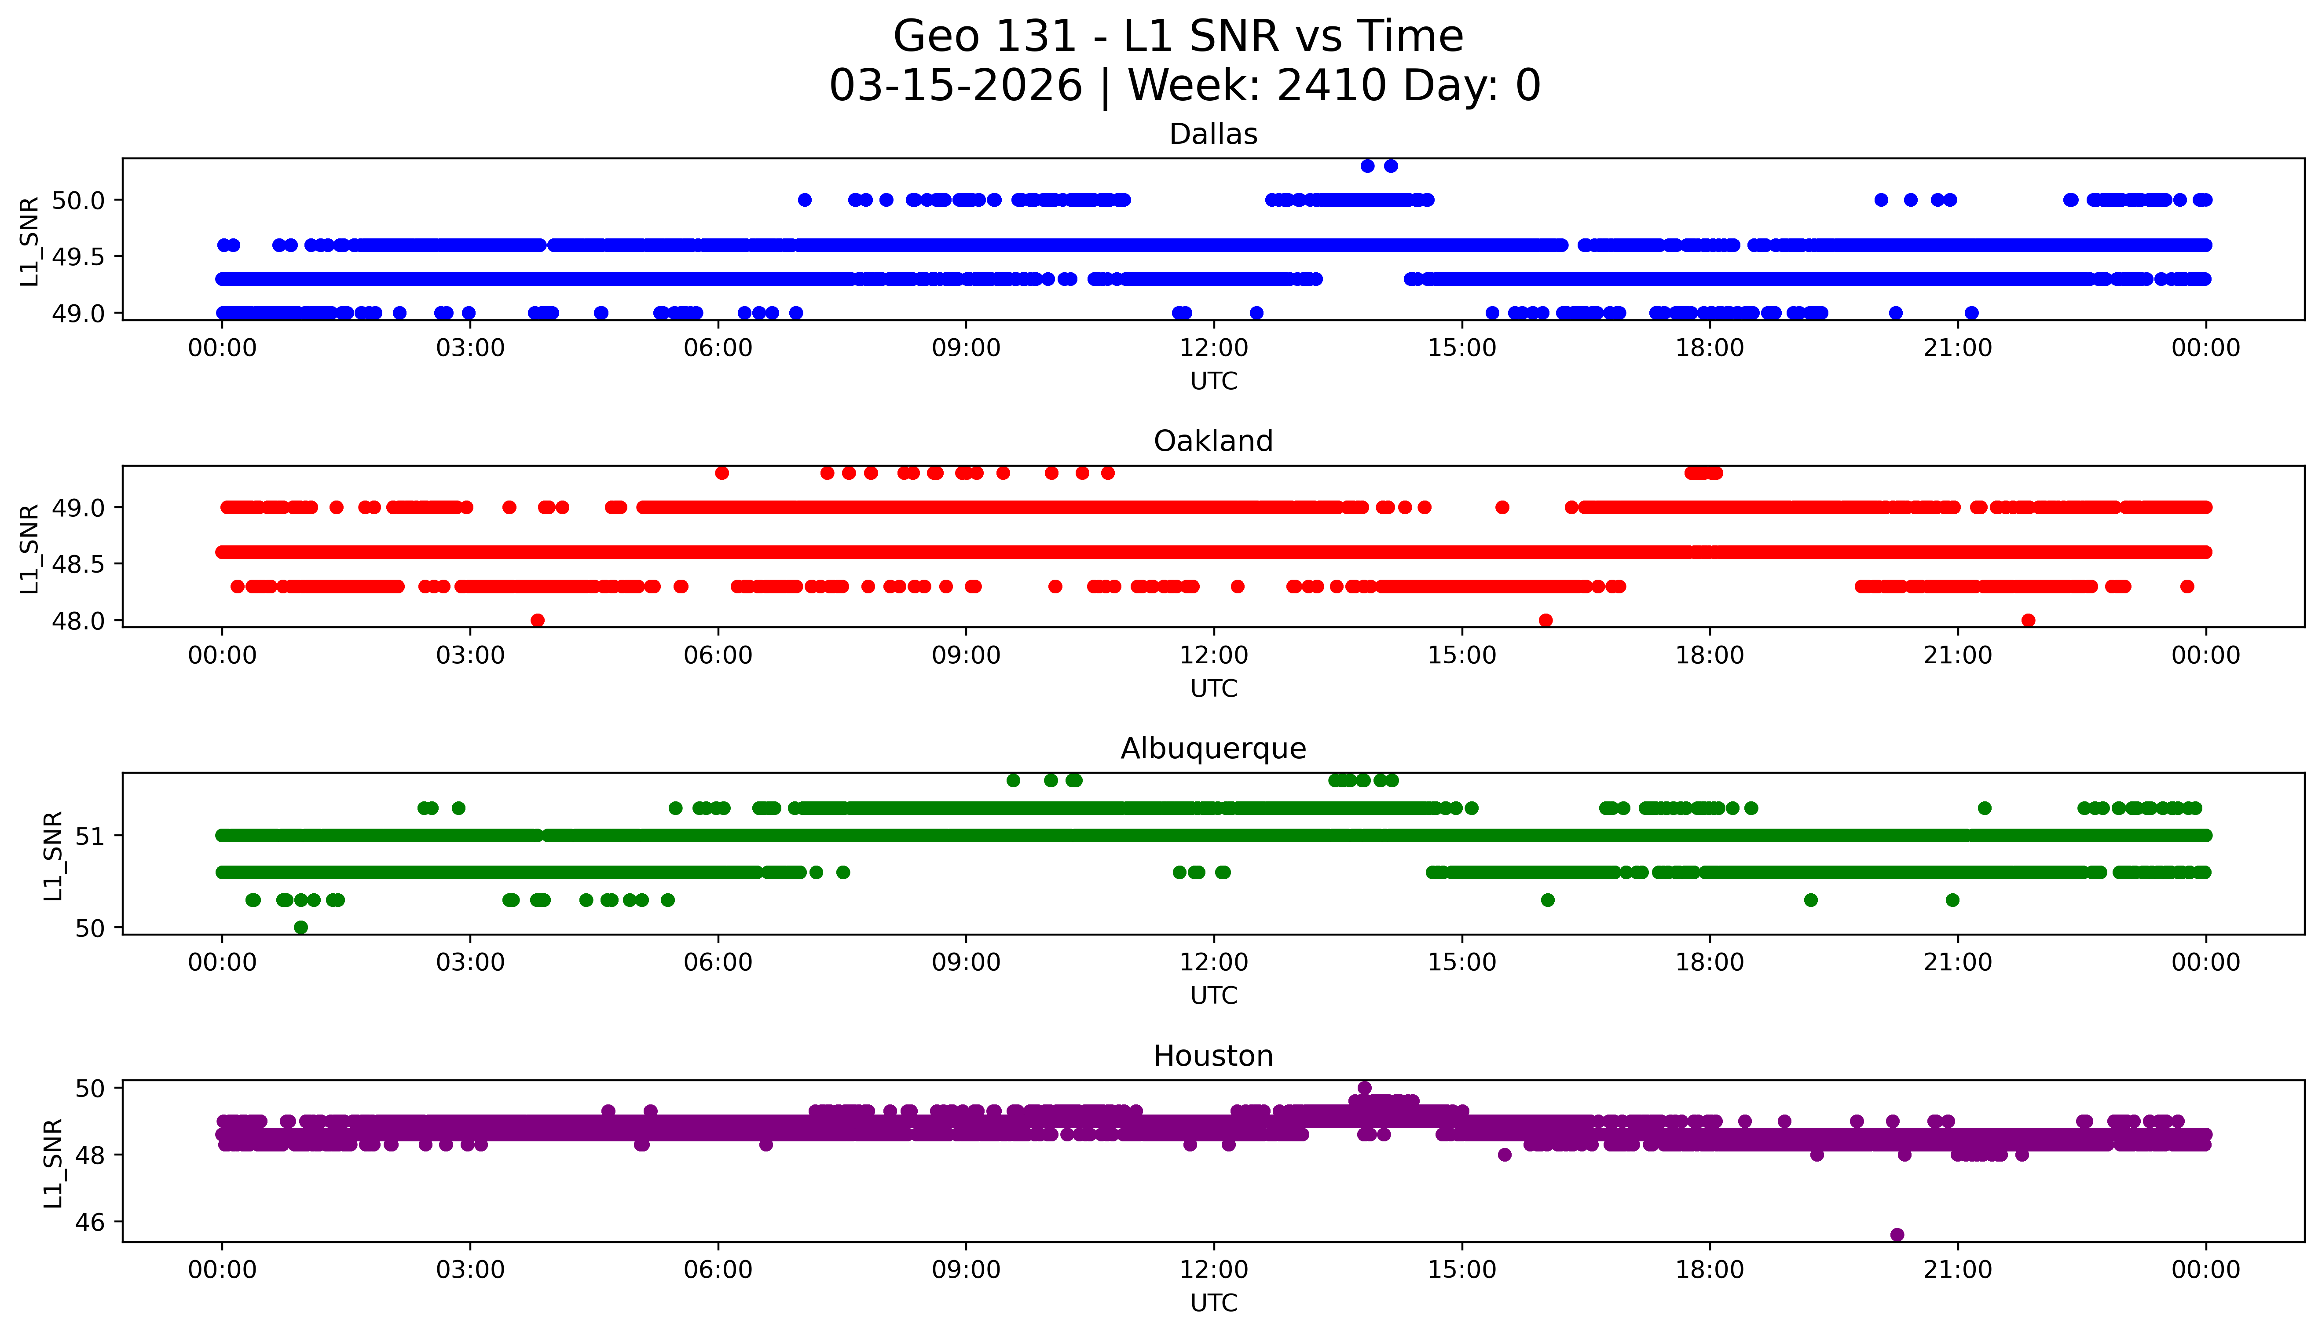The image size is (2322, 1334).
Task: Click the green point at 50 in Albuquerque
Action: coord(300,927)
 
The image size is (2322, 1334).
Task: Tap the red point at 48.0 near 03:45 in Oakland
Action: coord(538,620)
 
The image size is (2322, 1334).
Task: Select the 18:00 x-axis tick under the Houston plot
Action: coord(1710,1270)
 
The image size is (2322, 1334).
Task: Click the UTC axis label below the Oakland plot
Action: coord(1213,689)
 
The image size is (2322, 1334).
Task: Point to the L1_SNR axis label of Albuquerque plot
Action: coord(53,855)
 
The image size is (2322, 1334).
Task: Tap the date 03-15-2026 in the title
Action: coord(956,86)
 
